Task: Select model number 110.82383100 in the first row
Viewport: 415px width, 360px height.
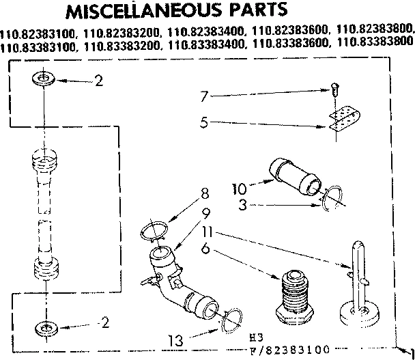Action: pos(38,31)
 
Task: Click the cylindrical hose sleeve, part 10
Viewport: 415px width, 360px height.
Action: pos(295,176)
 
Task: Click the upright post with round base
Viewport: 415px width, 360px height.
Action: pos(360,287)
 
